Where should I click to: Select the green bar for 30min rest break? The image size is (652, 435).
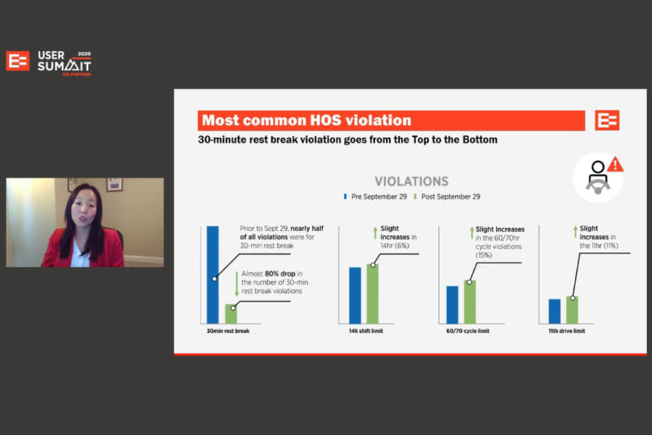click(231, 314)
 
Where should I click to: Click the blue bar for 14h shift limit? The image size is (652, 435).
click(355, 295)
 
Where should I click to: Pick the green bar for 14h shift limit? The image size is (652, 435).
click(372, 293)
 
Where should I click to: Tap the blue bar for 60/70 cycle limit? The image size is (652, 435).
click(452, 304)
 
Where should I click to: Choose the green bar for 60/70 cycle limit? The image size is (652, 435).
click(469, 302)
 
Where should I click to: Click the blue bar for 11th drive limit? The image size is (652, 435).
click(555, 311)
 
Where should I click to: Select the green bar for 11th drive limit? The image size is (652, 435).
click(572, 309)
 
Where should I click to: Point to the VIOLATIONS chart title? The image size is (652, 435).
click(411, 182)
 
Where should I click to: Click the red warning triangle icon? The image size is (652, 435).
click(615, 165)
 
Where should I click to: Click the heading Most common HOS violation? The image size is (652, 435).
click(306, 121)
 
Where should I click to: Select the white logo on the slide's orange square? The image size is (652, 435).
click(607, 121)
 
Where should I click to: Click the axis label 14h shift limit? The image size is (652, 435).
click(366, 331)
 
